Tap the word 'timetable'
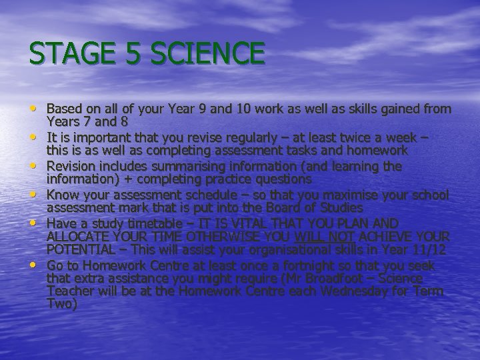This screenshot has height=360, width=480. (x=151, y=222)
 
